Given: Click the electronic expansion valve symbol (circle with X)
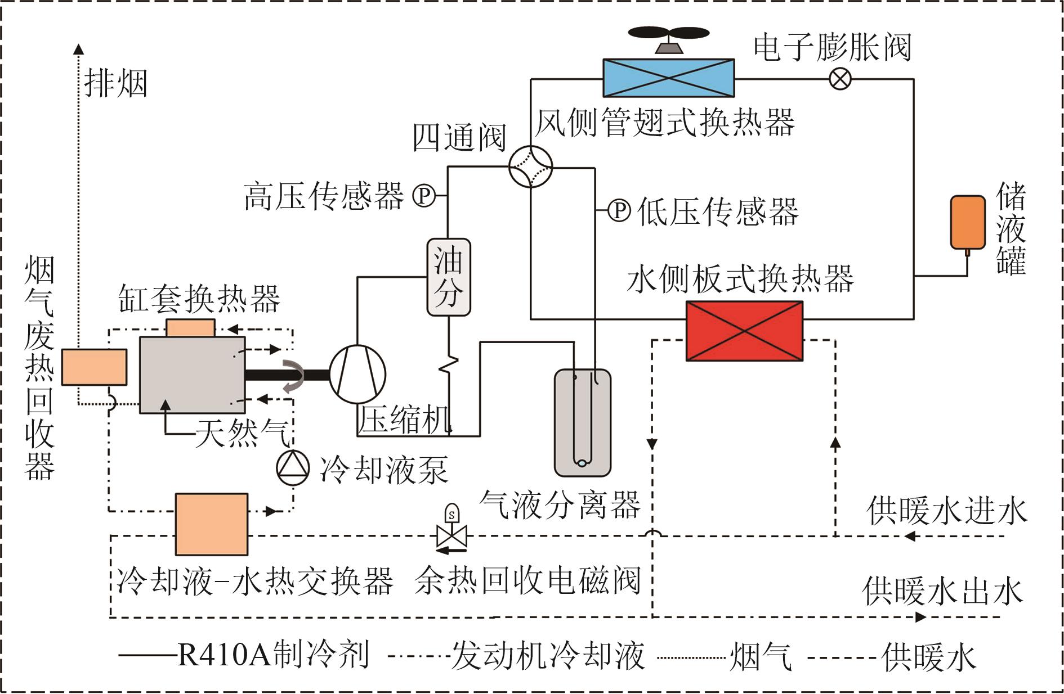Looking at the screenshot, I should click(841, 79).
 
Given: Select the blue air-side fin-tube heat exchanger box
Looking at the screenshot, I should click(668, 78).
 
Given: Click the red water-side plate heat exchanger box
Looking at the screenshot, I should click(744, 331).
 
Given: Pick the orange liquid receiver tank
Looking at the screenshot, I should click(968, 222).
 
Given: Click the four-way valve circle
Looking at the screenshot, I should click(530, 167).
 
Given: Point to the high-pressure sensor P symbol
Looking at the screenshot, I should click(424, 196).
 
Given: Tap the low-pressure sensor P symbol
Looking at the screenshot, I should click(619, 210).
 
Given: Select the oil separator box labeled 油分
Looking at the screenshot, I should click(448, 277).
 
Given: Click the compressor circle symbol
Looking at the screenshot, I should click(357, 374).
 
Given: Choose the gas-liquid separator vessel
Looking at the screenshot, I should click(582, 422).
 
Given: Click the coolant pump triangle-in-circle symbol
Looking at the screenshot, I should click(293, 467).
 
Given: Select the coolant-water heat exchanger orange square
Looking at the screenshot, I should click(212, 524).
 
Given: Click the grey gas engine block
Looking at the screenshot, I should click(192, 375).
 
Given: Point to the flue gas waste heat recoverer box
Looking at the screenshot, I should click(94, 367).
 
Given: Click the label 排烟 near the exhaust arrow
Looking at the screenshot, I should click(115, 83).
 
